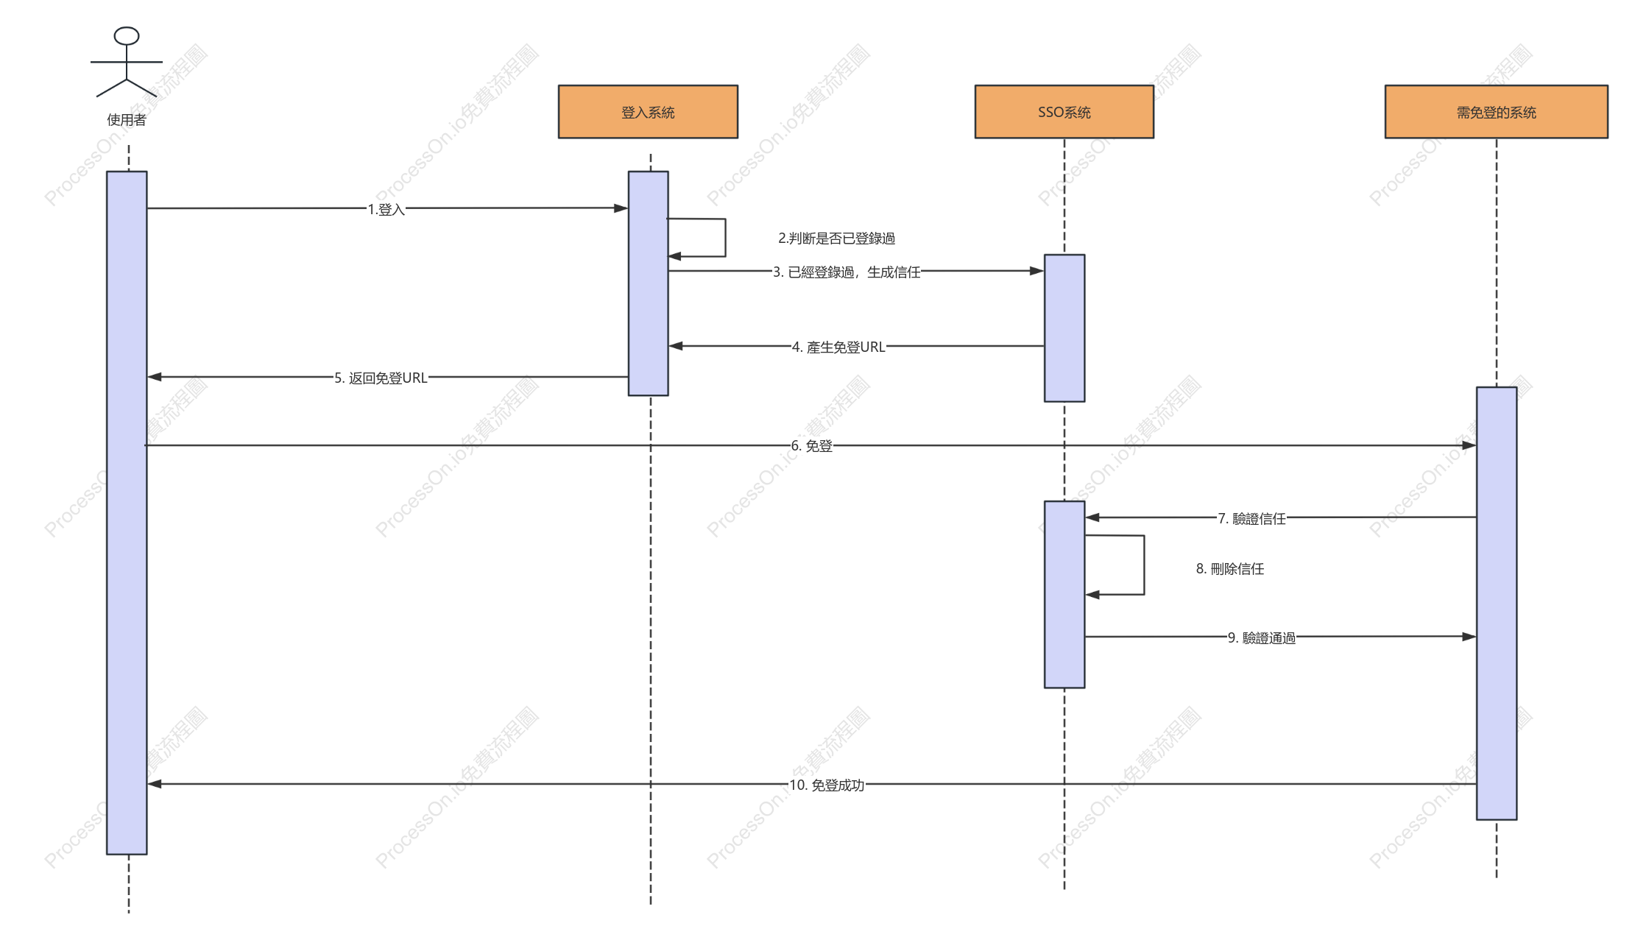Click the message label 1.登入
coord(386,210)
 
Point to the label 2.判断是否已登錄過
coord(836,238)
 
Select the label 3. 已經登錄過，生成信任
coord(847,272)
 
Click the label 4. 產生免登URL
coord(838,347)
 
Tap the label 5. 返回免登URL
coord(381,378)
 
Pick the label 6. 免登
coord(811,446)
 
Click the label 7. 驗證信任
coord(1251,519)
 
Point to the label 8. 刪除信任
coord(1230,569)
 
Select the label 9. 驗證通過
coord(1262,638)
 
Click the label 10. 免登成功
coord(827,785)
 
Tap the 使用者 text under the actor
coord(127,120)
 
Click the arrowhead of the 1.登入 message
coord(621,208)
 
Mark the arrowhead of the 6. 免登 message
coord(1469,445)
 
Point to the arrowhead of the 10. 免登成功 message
coord(155,784)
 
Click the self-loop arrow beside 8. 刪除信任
coord(1144,565)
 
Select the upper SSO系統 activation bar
coord(1064,328)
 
